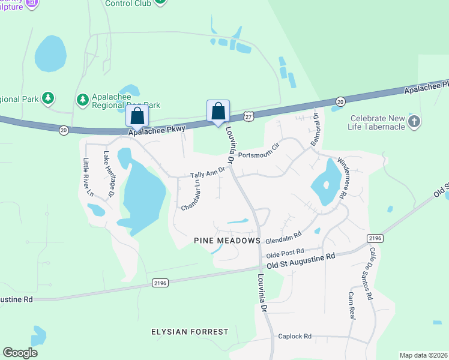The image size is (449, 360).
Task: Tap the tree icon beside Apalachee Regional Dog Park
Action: coord(83,98)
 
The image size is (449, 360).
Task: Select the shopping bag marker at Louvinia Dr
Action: coord(218,112)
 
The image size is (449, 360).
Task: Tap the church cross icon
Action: coord(414,122)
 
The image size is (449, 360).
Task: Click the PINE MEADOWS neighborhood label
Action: coord(227,240)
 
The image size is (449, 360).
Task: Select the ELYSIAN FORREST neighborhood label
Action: coord(190,331)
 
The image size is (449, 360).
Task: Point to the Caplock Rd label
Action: coord(295,336)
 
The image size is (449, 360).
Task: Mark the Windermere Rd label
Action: coord(342,178)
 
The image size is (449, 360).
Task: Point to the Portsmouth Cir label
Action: coord(259,151)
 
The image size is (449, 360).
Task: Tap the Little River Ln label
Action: coord(88,177)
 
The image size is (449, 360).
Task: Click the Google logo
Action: coord(20,353)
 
